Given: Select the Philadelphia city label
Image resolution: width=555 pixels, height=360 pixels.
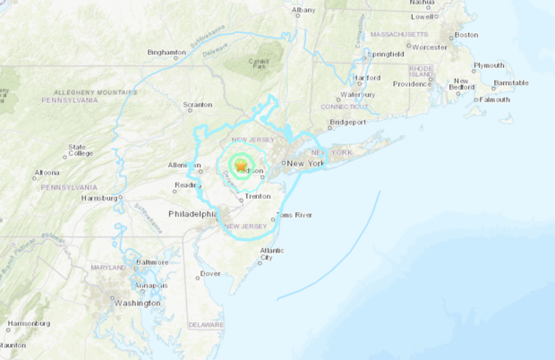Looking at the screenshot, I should click(x=193, y=214).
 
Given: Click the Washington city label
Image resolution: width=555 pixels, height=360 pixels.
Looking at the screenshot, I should click(x=137, y=303).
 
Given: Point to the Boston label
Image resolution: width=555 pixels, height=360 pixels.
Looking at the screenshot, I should click(x=466, y=35).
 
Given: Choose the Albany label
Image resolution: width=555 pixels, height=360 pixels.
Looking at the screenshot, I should click(x=303, y=10).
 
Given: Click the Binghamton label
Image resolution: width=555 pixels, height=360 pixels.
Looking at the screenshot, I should click(x=166, y=52).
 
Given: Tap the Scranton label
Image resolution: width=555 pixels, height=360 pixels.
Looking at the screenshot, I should click(x=197, y=105).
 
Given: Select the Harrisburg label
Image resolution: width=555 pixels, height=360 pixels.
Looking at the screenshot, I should click(x=99, y=198).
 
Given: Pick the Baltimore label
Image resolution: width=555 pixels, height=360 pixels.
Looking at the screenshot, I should click(x=151, y=262).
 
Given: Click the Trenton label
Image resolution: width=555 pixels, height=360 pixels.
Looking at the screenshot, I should click(x=258, y=195).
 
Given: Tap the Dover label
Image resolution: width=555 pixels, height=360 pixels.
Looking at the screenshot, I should click(x=210, y=273).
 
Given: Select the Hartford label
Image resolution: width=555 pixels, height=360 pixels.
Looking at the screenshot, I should click(x=367, y=78).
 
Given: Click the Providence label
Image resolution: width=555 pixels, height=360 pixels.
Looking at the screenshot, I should click(x=411, y=84).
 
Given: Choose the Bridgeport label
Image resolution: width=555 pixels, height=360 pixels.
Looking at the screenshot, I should click(x=348, y=121).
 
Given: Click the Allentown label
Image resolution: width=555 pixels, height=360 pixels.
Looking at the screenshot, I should click(x=184, y=166).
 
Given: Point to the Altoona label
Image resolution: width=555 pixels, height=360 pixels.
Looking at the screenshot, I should click(x=47, y=173).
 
